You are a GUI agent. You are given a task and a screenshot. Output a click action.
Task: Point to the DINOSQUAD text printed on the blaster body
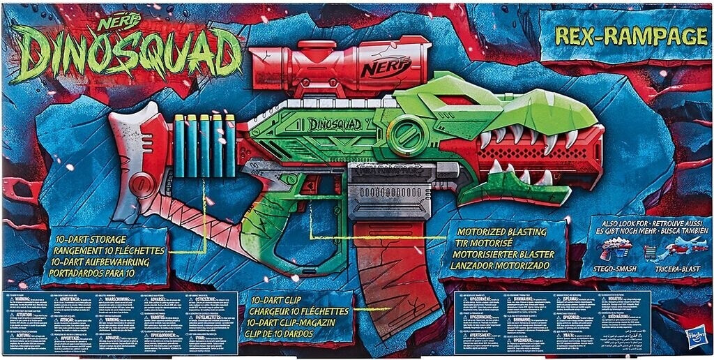coord(335,124)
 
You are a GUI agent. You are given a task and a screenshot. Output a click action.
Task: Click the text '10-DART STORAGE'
coord(91,239)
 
